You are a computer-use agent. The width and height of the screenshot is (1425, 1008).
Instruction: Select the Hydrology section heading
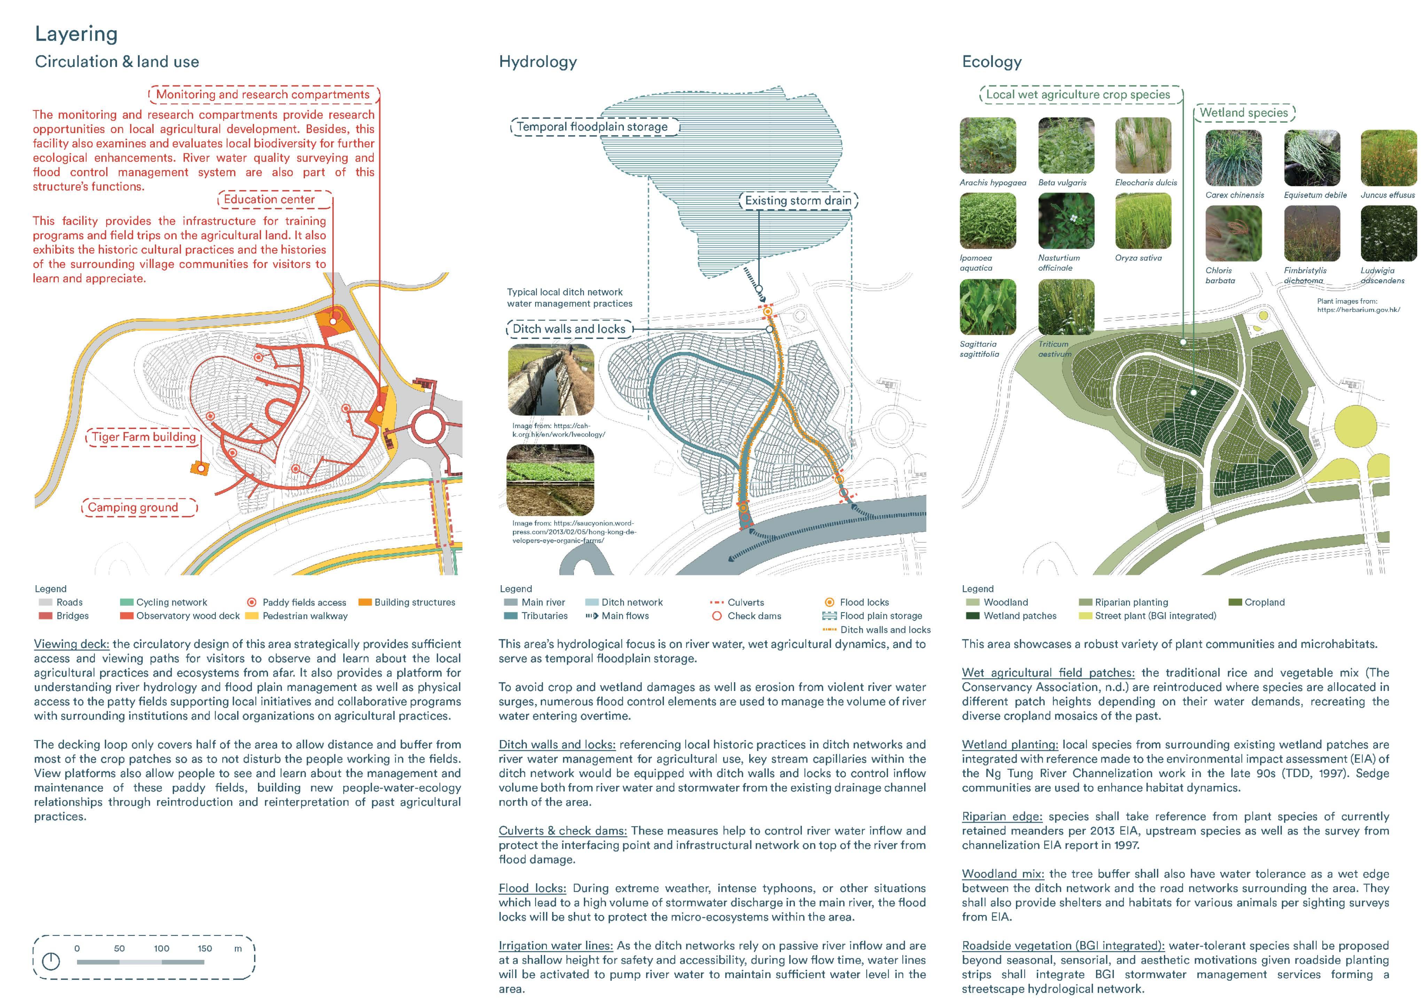click(x=538, y=62)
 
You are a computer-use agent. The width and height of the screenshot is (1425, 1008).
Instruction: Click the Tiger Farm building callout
click(x=143, y=437)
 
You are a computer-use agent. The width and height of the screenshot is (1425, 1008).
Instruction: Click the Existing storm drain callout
click(x=798, y=201)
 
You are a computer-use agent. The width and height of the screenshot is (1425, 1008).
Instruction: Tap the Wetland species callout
click(x=1243, y=113)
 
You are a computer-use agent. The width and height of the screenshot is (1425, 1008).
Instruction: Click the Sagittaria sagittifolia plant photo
click(x=987, y=307)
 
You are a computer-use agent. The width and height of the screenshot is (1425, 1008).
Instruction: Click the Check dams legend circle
click(x=717, y=616)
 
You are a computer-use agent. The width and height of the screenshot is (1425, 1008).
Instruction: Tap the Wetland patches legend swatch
click(x=972, y=616)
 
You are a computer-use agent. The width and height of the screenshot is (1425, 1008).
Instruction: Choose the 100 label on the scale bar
click(x=161, y=948)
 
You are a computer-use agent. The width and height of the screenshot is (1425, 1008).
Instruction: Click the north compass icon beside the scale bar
click(x=51, y=961)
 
